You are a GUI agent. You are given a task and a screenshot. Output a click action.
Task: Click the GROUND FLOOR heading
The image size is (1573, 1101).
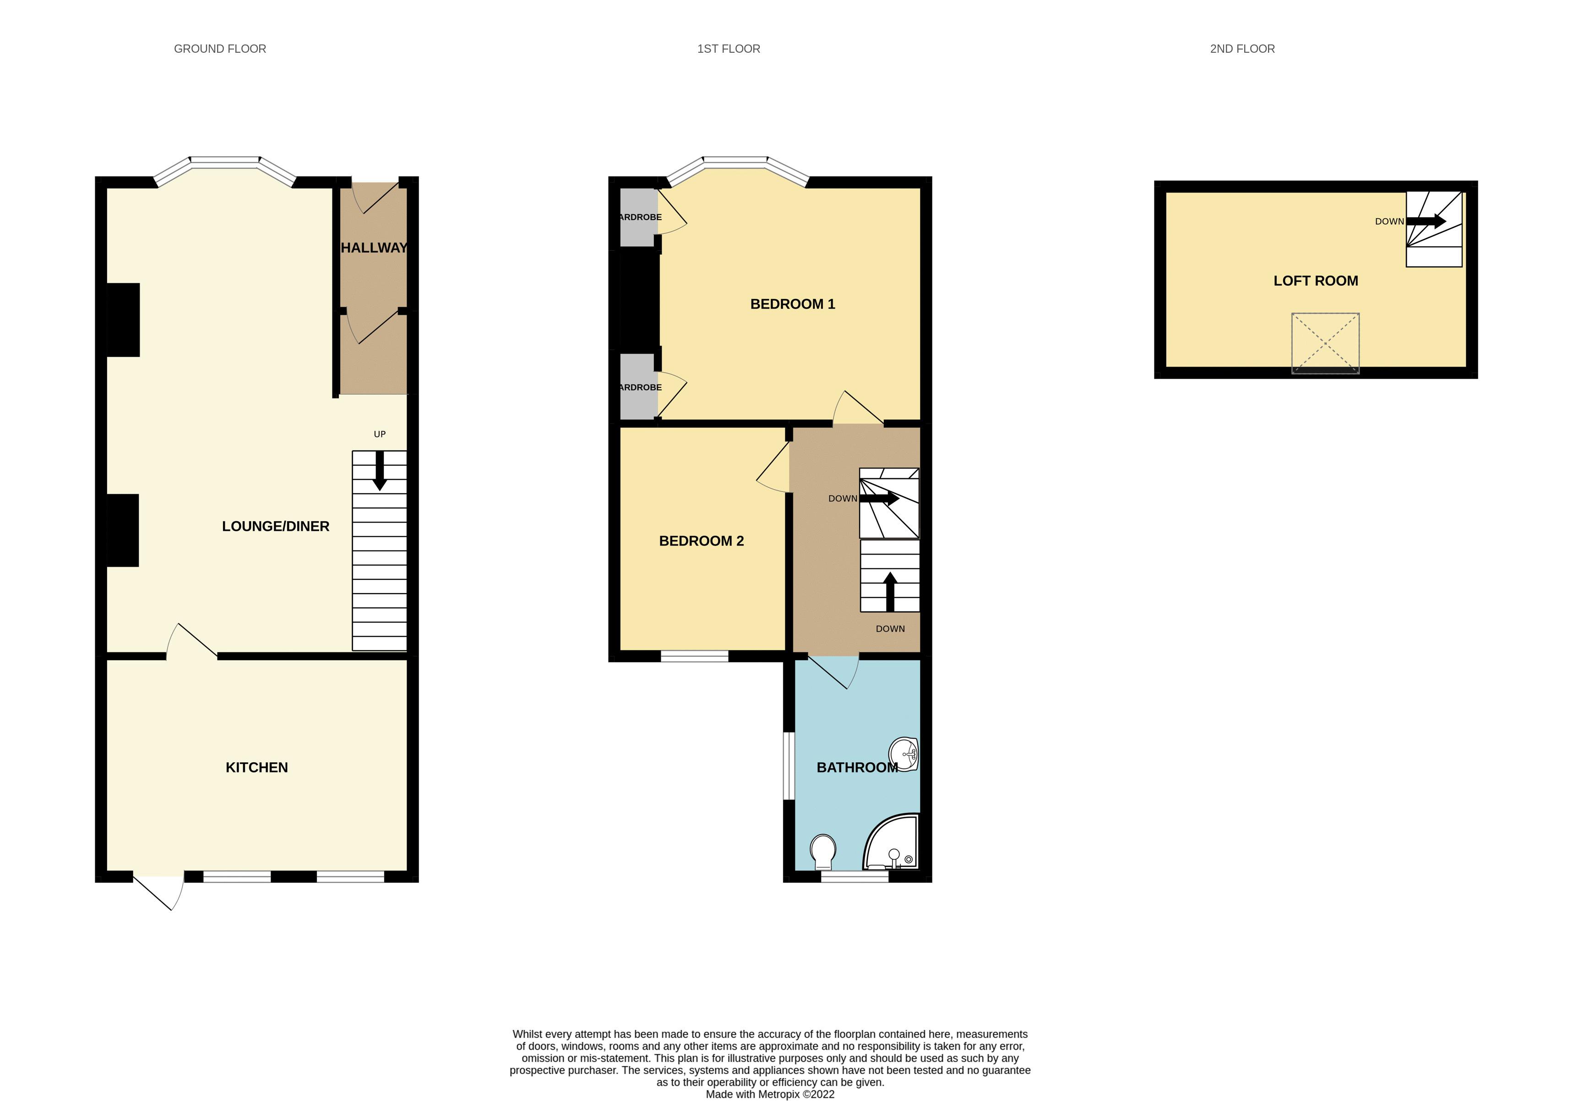220,49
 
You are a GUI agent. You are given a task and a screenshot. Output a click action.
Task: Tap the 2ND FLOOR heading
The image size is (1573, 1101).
1241,49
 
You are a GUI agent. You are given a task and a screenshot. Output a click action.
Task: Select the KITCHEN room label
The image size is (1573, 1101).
256,767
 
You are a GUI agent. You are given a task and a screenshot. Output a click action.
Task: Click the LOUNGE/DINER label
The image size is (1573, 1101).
275,526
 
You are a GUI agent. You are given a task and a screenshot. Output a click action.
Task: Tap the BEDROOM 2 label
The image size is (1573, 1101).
701,541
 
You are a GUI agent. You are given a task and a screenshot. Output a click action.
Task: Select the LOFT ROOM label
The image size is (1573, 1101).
1315,281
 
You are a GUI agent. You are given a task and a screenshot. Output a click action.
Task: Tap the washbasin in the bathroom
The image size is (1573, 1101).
905,755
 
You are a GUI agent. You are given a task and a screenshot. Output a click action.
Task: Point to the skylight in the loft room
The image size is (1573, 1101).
1325,343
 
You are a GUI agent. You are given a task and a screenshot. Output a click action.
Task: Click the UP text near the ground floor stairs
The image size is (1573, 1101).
380,434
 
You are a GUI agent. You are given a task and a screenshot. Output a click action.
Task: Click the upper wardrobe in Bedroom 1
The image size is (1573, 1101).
638,217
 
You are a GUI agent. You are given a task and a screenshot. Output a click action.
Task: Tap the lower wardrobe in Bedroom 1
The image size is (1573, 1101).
638,387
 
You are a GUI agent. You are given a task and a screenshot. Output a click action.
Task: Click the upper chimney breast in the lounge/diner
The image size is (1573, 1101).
123,320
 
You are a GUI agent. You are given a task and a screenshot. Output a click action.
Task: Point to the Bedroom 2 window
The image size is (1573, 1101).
694,657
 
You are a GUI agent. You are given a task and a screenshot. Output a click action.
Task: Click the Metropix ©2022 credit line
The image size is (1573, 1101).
770,1094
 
